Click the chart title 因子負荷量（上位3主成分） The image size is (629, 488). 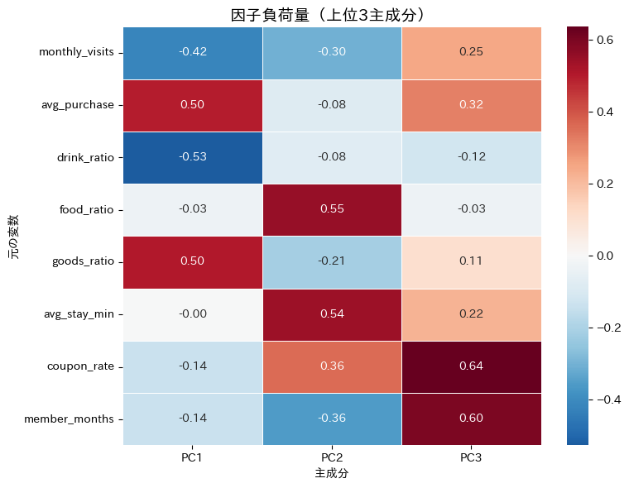click(332, 15)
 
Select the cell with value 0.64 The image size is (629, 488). click(472, 366)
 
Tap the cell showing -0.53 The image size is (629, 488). click(193, 157)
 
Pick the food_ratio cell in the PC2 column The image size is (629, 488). click(332, 209)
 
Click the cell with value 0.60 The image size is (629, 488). click(472, 419)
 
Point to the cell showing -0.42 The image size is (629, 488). click(193, 52)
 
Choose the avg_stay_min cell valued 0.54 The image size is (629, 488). click(332, 314)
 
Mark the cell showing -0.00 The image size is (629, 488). click(193, 314)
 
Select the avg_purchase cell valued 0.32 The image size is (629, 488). click(472, 105)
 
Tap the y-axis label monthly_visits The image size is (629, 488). click(77, 53)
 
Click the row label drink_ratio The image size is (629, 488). click(86, 157)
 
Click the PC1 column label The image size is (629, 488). click(193, 457)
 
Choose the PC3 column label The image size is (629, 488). click(472, 457)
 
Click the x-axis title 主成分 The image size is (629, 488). click(332, 474)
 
